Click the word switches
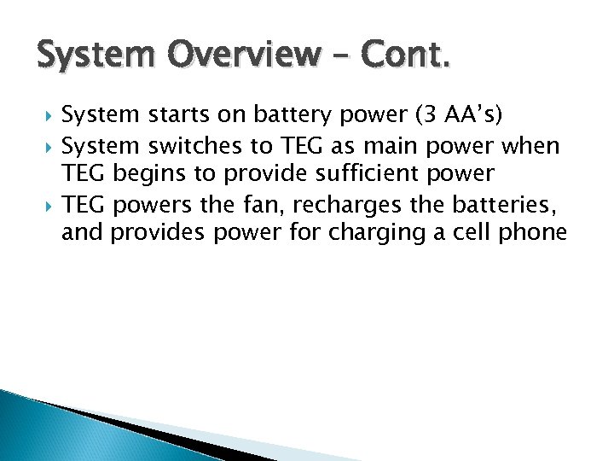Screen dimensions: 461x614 (187, 146)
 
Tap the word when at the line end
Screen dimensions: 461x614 (531, 146)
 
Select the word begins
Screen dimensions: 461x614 (151, 174)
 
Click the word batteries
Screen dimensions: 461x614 (507, 204)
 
